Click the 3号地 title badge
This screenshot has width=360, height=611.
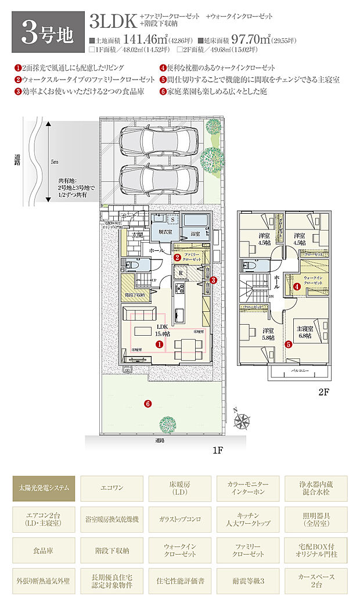(x=48, y=31)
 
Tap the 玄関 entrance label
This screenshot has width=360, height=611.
(x=136, y=235)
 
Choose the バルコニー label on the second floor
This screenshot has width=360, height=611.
(x=296, y=369)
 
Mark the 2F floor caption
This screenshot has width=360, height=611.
(x=324, y=392)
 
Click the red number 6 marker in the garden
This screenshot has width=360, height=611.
(x=147, y=404)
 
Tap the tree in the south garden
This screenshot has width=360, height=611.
(x=168, y=422)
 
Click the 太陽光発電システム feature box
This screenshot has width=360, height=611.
(x=44, y=488)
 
